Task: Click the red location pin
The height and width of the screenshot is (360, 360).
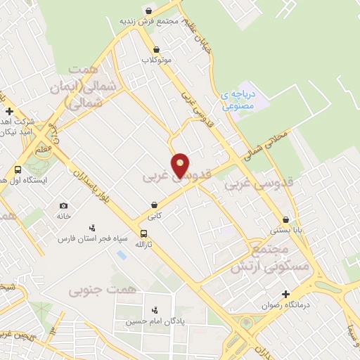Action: pyautogui.click(x=181, y=165)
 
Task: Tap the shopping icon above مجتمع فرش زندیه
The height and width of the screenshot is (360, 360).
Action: pyautogui.click(x=149, y=11)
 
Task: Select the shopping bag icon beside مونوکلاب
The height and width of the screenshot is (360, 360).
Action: pyautogui.click(x=157, y=49)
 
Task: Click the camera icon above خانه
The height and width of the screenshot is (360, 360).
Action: pyautogui.click(x=64, y=205)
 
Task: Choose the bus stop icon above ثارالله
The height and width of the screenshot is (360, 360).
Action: pyautogui.click(x=144, y=233)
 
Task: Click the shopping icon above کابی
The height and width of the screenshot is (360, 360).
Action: pyautogui.click(x=154, y=205)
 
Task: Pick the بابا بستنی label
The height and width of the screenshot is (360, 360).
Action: pyautogui.click(x=285, y=230)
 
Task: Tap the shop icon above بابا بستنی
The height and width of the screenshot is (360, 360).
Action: pyautogui.click(x=285, y=219)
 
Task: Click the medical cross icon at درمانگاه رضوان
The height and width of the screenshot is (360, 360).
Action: pyautogui.click(x=285, y=294)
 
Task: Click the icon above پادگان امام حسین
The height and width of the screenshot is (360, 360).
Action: pyautogui.click(x=155, y=309)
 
